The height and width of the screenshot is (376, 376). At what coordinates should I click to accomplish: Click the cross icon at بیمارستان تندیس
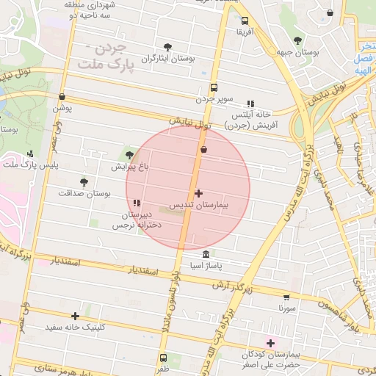pyautogui.click(x=198, y=193)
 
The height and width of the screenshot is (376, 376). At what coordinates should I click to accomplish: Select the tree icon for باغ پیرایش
pyautogui.click(x=130, y=154)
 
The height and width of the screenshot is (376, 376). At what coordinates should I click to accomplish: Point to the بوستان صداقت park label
pyautogui.click(x=84, y=193)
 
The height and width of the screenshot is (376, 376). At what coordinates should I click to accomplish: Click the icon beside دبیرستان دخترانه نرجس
pyautogui.click(x=137, y=203)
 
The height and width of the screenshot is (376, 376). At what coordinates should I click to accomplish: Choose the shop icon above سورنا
pyautogui.click(x=286, y=297)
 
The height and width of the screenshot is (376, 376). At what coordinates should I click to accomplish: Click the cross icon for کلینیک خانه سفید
pyautogui.click(x=76, y=315)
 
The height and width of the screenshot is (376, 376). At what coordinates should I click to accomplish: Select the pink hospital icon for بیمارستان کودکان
pyautogui.click(x=270, y=343)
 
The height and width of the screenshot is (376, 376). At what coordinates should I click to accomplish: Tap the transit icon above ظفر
pyautogui.click(x=162, y=358)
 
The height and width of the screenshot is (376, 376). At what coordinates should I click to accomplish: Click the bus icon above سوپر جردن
pyautogui.click(x=214, y=87)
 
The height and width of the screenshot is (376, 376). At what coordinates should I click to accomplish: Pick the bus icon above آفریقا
pyautogui.click(x=245, y=21)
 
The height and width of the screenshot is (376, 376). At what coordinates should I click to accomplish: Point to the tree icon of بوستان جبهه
pyautogui.click(x=297, y=41)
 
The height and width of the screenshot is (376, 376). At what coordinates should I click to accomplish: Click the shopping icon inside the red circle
pyautogui.click(x=203, y=150)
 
